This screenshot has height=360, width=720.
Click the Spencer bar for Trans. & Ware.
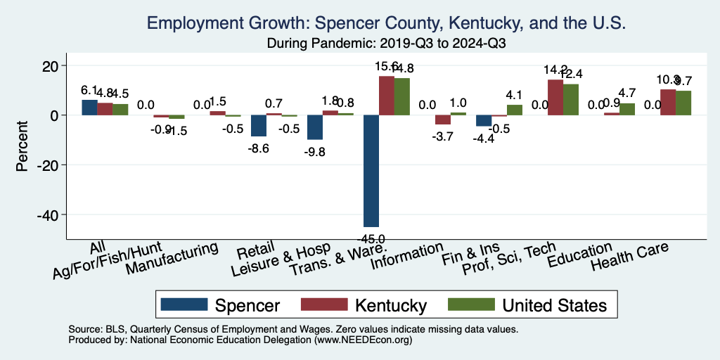371,170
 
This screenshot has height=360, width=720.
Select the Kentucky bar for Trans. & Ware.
386,96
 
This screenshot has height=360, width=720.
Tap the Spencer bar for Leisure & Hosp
315,127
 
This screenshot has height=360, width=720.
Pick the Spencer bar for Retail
259,126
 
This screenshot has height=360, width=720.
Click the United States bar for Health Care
683,103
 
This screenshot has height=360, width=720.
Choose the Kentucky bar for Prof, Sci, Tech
555,98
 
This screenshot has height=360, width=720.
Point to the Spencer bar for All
89,108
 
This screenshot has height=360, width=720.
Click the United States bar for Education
627,109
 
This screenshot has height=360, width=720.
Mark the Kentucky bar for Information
443,120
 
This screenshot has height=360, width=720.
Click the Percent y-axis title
23,140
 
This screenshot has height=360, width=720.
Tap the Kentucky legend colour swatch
325,304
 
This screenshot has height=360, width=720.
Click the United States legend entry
553,305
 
